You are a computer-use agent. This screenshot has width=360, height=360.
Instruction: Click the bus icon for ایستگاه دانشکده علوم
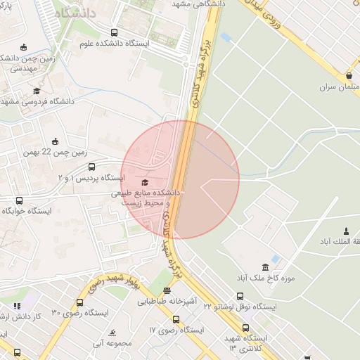click(115, 32)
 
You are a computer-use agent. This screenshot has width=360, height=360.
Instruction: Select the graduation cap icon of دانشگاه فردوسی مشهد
click(37, 91)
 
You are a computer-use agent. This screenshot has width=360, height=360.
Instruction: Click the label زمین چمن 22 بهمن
click(54, 152)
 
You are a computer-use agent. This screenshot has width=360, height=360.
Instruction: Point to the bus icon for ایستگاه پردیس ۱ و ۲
click(91, 167)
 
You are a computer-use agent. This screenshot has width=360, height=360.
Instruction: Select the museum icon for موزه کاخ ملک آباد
click(264, 267)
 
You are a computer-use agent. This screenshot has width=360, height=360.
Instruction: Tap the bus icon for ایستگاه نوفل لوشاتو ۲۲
click(240, 296)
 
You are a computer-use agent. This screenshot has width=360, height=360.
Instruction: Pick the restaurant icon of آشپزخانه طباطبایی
click(167, 290)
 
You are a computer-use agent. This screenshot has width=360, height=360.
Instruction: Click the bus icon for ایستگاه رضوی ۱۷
click(176, 319)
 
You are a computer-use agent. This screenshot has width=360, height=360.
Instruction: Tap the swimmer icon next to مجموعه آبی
click(112, 333)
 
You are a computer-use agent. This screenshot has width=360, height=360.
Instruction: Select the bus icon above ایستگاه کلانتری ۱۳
click(245, 328)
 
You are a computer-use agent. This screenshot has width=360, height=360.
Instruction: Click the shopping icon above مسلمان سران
click(349, 76)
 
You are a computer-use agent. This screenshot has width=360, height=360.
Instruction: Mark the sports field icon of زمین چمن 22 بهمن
click(56, 141)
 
